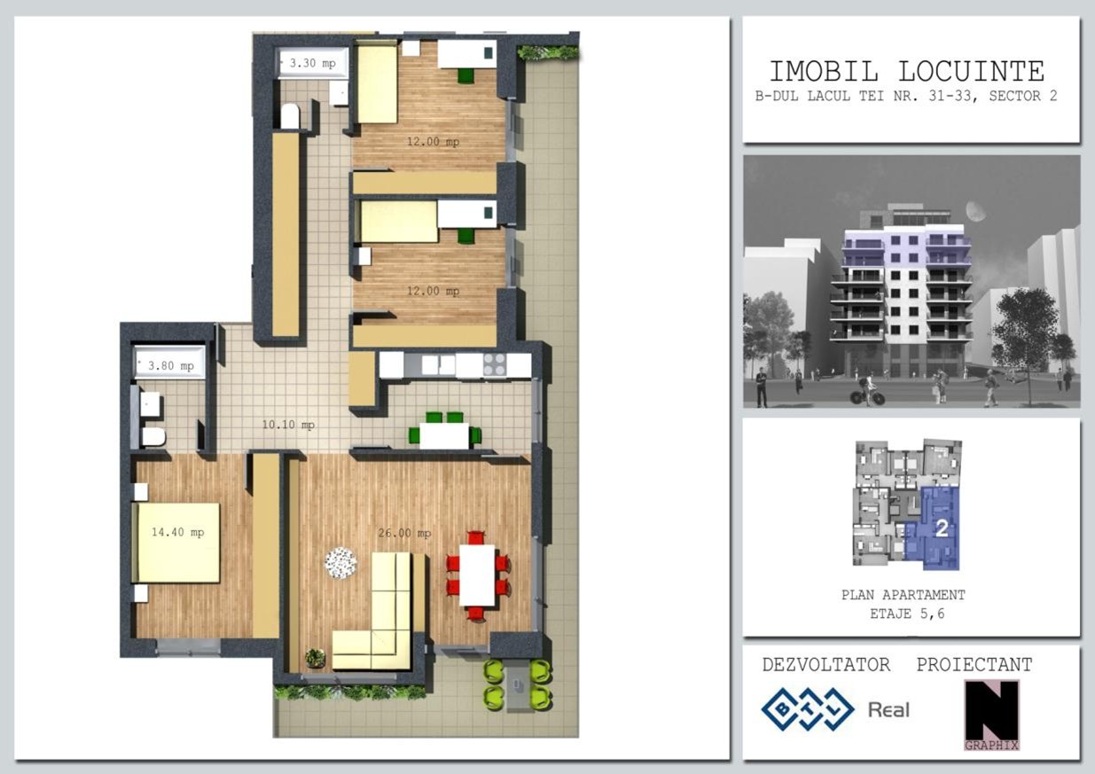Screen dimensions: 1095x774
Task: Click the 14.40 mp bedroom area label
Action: (177, 532)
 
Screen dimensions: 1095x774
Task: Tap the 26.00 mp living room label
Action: (404, 533)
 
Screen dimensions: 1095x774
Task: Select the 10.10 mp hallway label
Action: (288, 425)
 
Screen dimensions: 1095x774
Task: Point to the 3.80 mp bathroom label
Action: (170, 366)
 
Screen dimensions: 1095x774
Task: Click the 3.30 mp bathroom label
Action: (312, 63)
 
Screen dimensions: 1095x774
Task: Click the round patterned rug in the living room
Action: (340, 563)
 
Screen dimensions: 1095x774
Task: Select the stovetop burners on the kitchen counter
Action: (494, 364)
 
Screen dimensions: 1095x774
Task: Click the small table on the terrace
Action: (517, 684)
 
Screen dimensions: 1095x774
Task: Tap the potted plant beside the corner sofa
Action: (316, 658)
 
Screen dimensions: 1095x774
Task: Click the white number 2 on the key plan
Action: (942, 528)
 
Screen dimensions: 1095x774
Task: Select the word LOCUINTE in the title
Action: (972, 72)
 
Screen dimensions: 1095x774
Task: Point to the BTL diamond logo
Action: (807, 709)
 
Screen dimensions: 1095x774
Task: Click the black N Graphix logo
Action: (991, 715)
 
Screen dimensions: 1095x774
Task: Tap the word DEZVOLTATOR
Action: (826, 664)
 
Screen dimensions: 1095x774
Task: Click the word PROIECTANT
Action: (974, 664)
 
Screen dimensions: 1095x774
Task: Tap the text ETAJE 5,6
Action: (907, 614)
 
